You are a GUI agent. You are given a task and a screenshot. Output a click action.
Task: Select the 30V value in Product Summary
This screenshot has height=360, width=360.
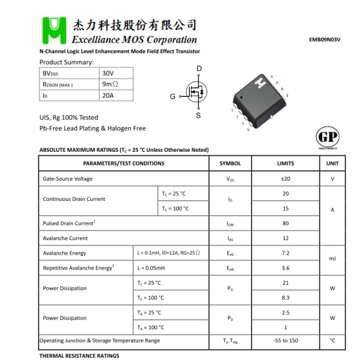[x=108, y=73]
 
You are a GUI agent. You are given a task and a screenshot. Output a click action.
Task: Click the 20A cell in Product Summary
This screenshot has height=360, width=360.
[x=108, y=96]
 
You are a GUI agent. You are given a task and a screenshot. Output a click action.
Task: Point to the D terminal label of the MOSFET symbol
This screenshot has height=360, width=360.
[x=199, y=69]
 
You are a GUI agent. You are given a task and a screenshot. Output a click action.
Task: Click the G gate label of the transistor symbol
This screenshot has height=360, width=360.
[x=173, y=96]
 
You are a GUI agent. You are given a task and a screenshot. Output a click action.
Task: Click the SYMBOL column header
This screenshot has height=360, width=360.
[x=230, y=164]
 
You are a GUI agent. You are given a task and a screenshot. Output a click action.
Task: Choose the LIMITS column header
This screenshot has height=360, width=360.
[x=285, y=164]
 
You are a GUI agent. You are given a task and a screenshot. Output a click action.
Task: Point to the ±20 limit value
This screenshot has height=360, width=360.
[x=285, y=179]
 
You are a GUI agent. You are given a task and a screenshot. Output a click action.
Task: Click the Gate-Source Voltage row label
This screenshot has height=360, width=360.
[x=67, y=179]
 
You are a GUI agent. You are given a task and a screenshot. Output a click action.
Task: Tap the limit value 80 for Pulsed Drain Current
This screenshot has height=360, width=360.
[x=285, y=223]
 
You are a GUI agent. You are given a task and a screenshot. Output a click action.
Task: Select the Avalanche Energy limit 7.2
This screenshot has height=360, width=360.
[x=285, y=253]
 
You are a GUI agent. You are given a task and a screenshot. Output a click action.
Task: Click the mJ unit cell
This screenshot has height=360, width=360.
[x=333, y=260]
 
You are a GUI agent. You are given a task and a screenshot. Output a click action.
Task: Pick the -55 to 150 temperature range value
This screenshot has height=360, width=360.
[x=285, y=340]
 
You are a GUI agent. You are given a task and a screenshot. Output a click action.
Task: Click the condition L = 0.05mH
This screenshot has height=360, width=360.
[x=151, y=268]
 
